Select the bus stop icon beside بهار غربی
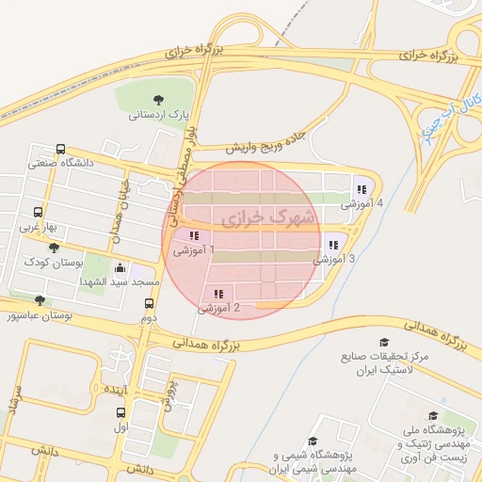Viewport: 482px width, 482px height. pyautogui.click(x=38, y=213)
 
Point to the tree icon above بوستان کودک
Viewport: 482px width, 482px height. pyautogui.click(x=54, y=248)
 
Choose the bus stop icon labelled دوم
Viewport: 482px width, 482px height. pyautogui.click(x=149, y=303)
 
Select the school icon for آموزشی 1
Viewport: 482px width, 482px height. pyautogui.click(x=194, y=235)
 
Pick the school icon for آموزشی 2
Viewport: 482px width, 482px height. pyautogui.click(x=218, y=294)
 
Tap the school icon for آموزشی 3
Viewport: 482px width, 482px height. pyautogui.click(x=333, y=245)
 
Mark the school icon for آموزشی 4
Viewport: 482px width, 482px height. pyautogui.click(x=361, y=189)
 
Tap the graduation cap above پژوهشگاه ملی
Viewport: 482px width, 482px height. pyautogui.click(x=433, y=416)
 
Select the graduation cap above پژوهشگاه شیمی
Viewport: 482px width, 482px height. pyautogui.click(x=313, y=441)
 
